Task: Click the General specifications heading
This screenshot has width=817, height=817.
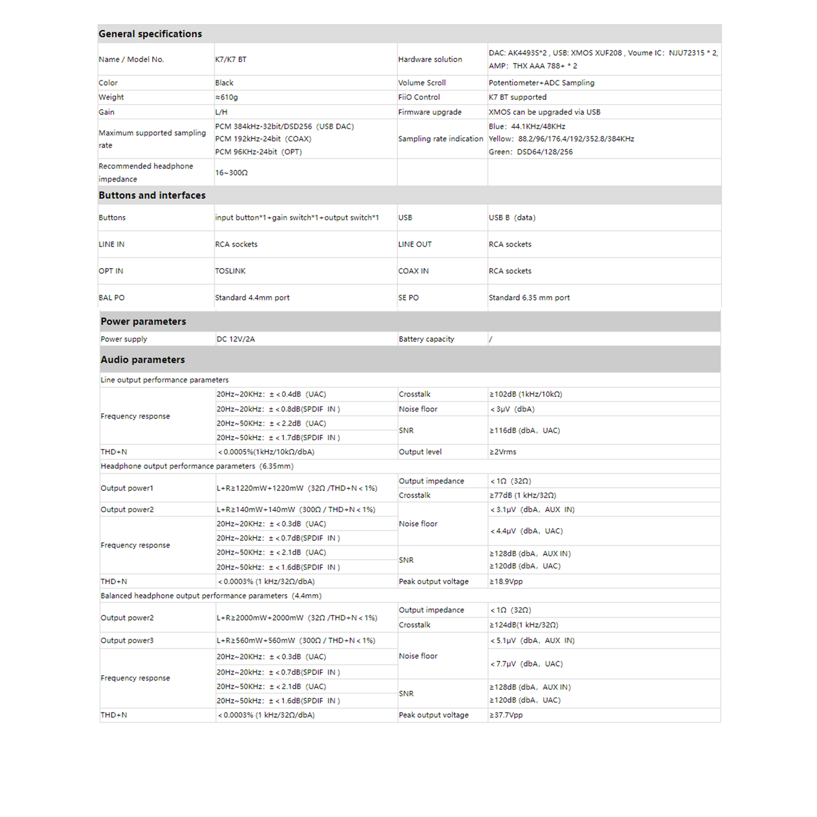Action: coord(150,34)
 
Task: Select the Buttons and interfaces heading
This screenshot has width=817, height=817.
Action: coord(152,195)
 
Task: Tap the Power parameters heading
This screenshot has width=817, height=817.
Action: coord(143,321)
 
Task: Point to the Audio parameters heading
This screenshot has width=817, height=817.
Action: coord(142,360)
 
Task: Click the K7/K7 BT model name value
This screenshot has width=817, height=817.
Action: coord(231,59)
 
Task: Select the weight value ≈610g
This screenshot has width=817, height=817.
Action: coord(226,97)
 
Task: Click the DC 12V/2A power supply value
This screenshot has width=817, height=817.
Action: coord(236,339)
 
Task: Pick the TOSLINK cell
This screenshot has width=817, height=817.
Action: coord(230,271)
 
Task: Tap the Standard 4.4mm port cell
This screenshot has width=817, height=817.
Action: coord(252,297)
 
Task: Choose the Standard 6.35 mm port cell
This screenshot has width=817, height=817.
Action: coord(529,297)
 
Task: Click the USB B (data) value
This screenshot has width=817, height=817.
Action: coord(512,218)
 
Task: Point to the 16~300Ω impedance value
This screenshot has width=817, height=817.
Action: coord(231,172)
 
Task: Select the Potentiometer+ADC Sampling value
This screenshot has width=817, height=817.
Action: coord(541,83)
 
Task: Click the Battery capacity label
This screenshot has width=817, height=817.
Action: coord(426,339)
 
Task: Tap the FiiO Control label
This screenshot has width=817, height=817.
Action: coord(419,97)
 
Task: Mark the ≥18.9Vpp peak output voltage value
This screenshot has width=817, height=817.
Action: coord(506,581)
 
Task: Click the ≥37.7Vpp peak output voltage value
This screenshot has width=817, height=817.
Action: coord(506,715)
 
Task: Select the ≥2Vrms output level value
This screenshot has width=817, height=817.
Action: coord(503,452)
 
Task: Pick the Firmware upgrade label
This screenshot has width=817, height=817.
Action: coord(430,112)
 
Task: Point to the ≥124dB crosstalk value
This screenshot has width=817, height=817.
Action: coord(524,625)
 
